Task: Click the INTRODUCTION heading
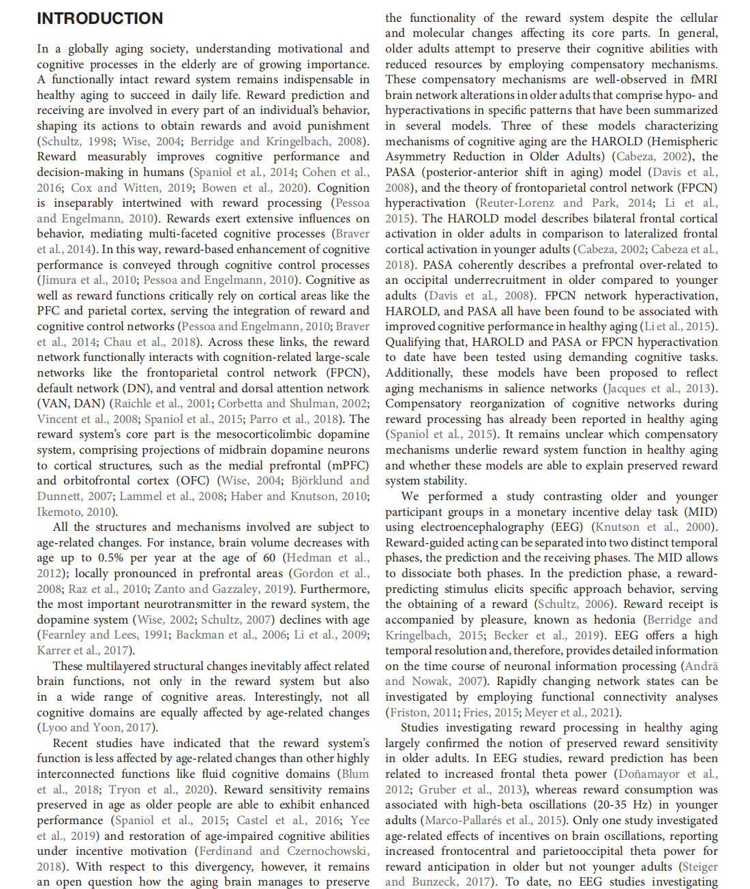[x=100, y=18]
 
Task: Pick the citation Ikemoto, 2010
[x=76, y=511]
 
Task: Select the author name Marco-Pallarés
[x=470, y=820]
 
